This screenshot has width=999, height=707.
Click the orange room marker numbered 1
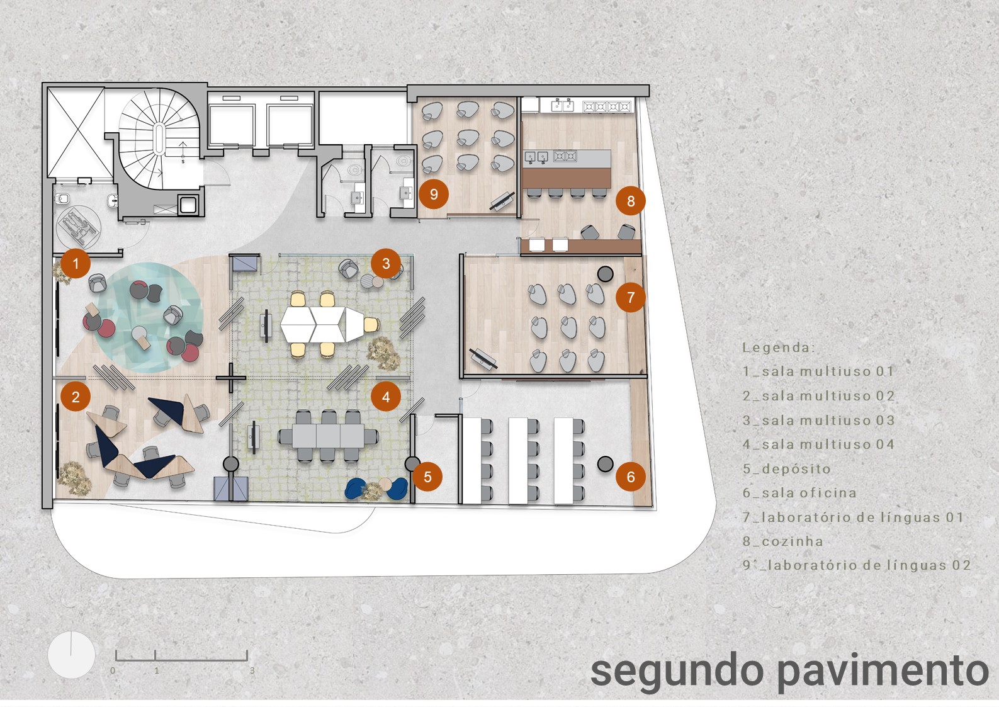pos(76,263)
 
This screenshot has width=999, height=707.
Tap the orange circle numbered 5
pos(427,477)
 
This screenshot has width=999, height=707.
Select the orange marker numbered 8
pos(630,201)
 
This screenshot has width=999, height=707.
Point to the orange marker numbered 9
pos(433,194)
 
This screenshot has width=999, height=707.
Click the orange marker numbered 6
pos(631,477)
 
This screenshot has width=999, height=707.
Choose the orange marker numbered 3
pos(386,263)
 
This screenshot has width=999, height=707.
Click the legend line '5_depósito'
pos(786,469)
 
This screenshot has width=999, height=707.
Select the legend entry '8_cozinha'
pos(782,541)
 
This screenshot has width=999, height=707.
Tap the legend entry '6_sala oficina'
pos(799,493)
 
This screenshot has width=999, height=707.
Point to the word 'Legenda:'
pos(778,348)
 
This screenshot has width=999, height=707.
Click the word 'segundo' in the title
pos(677,671)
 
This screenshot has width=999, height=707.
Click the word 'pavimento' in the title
pos(883,671)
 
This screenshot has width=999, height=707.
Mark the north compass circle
pos(71,655)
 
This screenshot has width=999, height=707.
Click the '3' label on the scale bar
pos(252,671)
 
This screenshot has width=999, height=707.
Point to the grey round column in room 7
pos(605,274)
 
